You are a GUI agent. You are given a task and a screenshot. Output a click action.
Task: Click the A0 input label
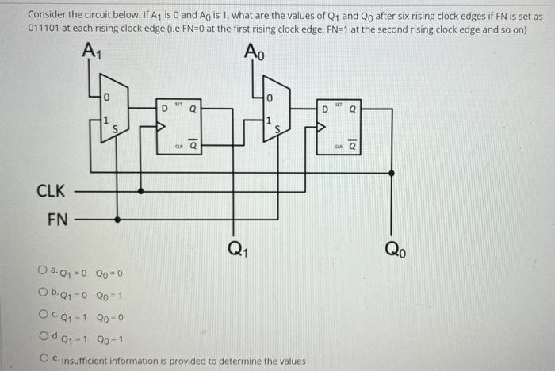click(255, 52)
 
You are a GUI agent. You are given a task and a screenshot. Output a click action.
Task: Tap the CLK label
click(51, 190)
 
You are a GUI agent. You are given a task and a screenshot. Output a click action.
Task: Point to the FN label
click(56, 218)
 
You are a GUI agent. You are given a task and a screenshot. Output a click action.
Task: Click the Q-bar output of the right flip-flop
click(353, 146)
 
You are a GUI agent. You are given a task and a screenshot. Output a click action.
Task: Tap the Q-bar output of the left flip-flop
click(193, 146)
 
